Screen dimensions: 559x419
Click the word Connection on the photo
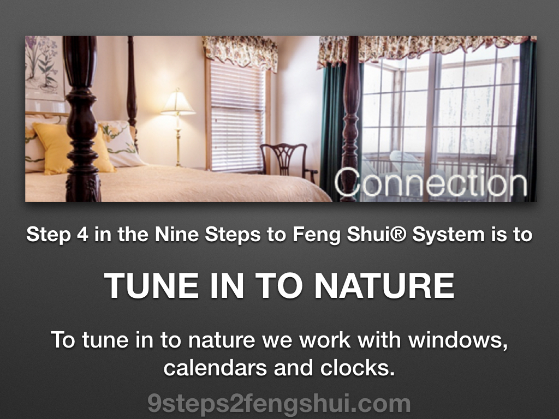point(431,182)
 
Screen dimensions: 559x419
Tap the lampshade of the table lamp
point(177,103)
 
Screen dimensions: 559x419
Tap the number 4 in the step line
point(82,235)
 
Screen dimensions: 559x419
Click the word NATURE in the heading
point(384,285)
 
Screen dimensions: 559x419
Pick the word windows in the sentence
point(458,340)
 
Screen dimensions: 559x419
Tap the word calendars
point(215,368)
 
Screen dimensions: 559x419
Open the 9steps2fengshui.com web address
point(279,404)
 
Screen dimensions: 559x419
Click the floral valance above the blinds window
point(241,52)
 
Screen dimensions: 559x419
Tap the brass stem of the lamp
point(178,141)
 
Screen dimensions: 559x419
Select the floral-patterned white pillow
point(120,143)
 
